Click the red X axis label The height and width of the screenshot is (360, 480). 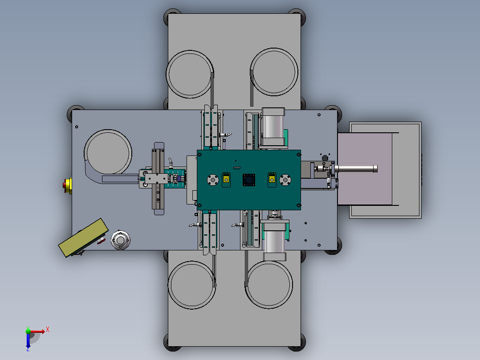pyautogui.click(x=48, y=330)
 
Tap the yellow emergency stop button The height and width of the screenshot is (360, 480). pyautogui.click(x=68, y=185)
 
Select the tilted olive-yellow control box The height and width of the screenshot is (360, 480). pyautogui.click(x=83, y=237)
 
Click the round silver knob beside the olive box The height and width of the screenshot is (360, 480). pyautogui.click(x=120, y=240)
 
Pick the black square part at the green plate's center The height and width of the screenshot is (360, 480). pyautogui.click(x=249, y=180)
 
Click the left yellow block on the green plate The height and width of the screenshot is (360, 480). pyautogui.click(x=226, y=179)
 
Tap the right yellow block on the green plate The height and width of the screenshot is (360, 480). pyautogui.click(x=272, y=179)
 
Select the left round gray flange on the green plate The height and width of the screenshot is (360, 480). pyautogui.click(x=213, y=180)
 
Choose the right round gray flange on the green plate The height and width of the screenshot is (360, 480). pyautogui.click(x=285, y=180)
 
